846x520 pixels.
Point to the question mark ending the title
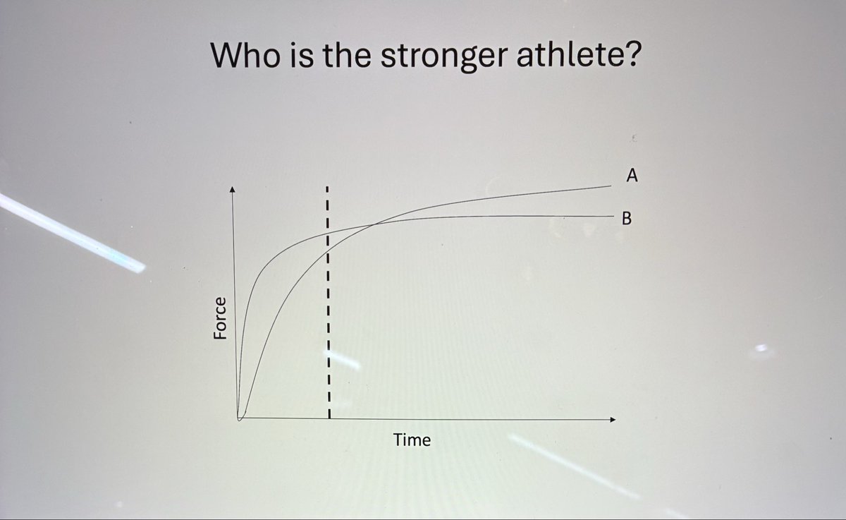tap(630, 54)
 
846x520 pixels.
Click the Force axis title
tap(221, 319)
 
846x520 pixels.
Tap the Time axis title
tap(412, 441)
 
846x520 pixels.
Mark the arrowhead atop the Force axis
tap(233, 189)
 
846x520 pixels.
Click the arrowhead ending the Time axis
tap(612, 420)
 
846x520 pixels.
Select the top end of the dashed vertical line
tap(328, 188)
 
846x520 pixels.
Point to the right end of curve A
tap(610, 187)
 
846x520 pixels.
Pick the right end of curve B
tap(610, 216)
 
